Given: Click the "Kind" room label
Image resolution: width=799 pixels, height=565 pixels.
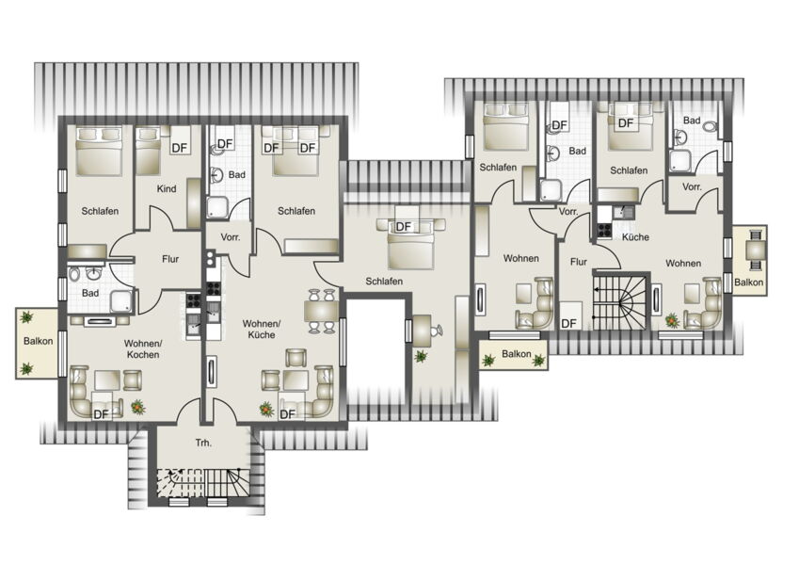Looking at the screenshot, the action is (x=167, y=189).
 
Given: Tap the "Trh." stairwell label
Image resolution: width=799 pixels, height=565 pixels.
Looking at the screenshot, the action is (x=203, y=444).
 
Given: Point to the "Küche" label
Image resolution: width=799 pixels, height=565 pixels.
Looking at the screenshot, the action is (x=635, y=237).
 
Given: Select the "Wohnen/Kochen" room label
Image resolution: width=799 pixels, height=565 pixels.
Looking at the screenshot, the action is (x=143, y=348).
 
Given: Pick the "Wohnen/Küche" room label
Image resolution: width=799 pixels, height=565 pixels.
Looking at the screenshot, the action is (x=262, y=330).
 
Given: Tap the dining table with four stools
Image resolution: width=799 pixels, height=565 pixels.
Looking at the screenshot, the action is (x=321, y=311).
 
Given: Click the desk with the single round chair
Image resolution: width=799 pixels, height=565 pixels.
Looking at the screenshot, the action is (x=422, y=331).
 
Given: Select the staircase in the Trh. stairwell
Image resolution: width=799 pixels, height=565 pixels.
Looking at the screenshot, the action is (x=203, y=483).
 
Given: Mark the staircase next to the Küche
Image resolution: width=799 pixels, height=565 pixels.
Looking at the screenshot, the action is (x=620, y=302).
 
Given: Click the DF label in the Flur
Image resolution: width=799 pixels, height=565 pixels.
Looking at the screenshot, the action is (x=568, y=323).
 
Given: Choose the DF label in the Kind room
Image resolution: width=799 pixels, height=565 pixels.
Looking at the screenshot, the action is (x=180, y=148).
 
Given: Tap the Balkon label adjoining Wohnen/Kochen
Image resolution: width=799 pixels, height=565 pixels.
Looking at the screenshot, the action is (x=39, y=341).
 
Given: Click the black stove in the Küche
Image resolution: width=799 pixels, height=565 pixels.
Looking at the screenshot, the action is (x=604, y=231).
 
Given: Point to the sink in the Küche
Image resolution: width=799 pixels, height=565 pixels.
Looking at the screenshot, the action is (x=623, y=211).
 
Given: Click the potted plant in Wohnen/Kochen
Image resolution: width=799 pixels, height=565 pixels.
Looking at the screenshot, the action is (x=137, y=407).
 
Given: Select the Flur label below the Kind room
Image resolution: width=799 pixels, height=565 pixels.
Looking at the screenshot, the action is (x=170, y=259).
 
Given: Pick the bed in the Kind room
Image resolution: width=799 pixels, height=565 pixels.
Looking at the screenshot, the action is (x=148, y=151).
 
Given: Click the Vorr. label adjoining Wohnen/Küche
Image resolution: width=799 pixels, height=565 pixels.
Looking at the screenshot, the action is (x=231, y=237).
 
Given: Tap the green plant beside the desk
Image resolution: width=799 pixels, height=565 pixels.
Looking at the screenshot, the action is (x=421, y=356).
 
